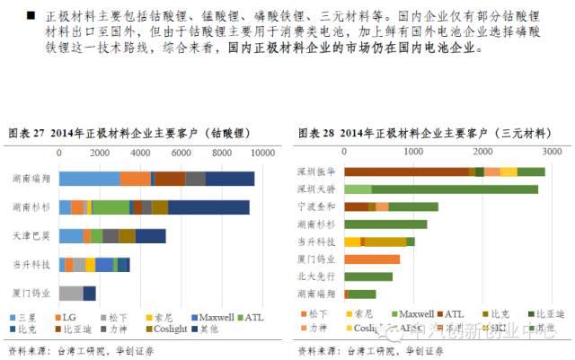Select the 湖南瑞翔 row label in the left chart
32,179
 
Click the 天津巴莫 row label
32,236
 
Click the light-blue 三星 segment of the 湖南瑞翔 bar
89,179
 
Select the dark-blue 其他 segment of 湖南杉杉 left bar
208,207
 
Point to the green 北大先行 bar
367,276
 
